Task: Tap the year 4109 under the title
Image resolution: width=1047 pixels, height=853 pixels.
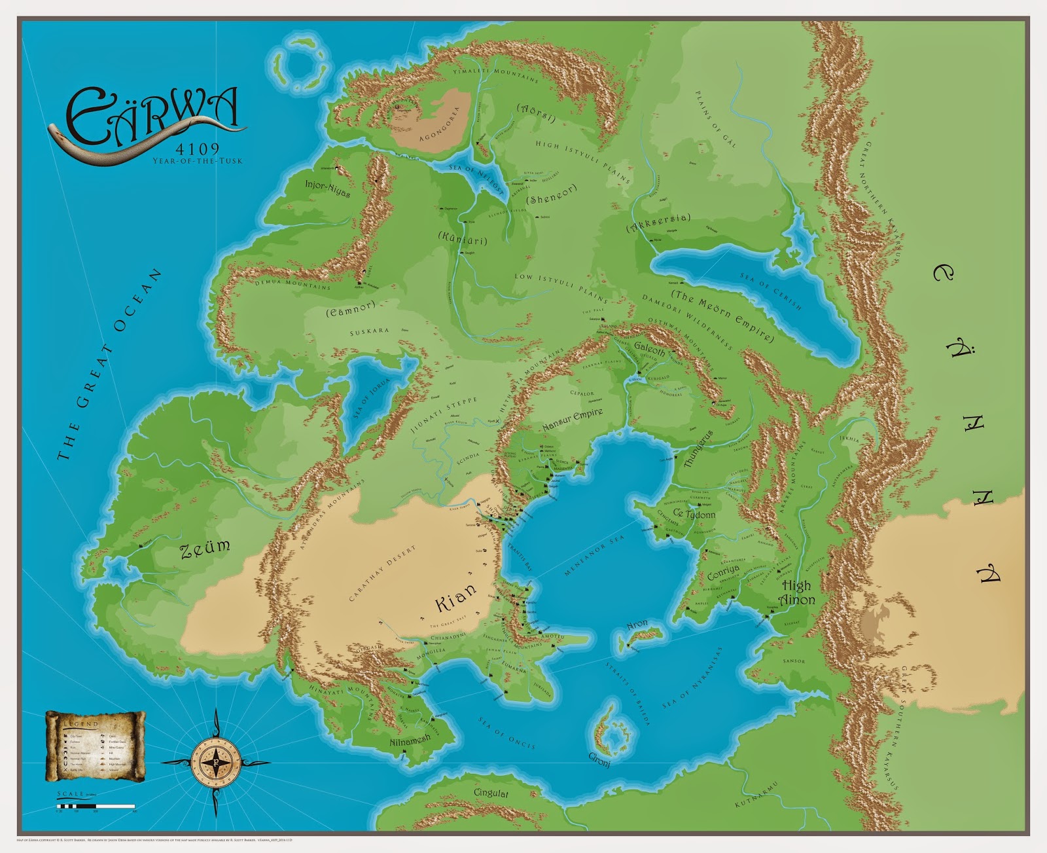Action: point(197,149)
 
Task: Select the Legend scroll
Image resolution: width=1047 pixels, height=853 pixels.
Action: point(96,746)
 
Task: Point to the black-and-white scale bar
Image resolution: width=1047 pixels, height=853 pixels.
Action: point(96,806)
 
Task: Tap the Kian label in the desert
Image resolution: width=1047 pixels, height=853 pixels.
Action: point(456,599)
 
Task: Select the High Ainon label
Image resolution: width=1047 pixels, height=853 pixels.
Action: point(796,592)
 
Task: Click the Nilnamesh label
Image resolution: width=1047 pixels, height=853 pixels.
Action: point(410,740)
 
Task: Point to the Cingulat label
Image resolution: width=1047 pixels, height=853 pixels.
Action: point(491,793)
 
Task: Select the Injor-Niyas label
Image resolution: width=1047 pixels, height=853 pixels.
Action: point(327,189)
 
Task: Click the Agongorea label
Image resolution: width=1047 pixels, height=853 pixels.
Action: point(439,124)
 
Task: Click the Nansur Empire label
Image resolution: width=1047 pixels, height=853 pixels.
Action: point(572,420)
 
